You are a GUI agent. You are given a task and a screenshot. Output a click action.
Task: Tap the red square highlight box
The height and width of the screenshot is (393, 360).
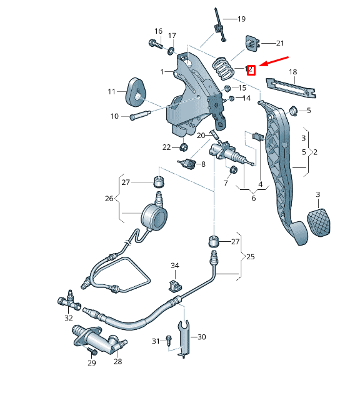251,70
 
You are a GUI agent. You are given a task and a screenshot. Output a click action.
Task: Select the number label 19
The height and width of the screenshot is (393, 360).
241,19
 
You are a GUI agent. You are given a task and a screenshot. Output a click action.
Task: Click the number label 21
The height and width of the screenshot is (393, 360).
279,43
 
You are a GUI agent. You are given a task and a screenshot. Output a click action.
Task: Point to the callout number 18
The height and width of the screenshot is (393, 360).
292,72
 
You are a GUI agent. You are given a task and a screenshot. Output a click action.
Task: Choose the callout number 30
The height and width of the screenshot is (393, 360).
201,337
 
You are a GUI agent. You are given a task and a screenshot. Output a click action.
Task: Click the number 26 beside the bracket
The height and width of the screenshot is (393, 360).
109,199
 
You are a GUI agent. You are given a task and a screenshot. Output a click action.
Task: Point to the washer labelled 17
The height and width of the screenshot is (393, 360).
171,49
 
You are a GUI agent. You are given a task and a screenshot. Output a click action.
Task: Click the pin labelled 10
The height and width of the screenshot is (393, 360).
141,116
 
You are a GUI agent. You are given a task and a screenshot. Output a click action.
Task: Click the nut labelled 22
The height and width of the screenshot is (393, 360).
184,147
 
